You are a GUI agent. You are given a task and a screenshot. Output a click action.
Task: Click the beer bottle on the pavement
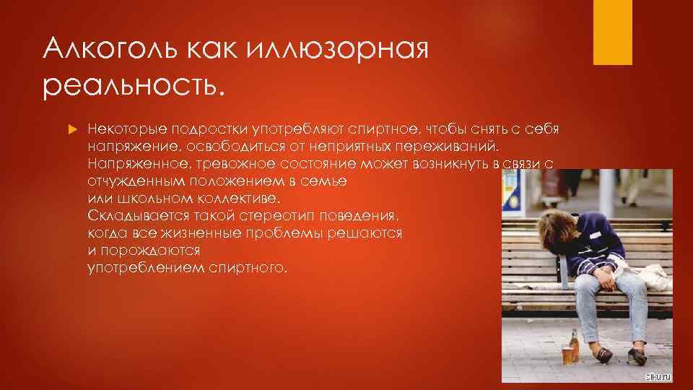point(575,344)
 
